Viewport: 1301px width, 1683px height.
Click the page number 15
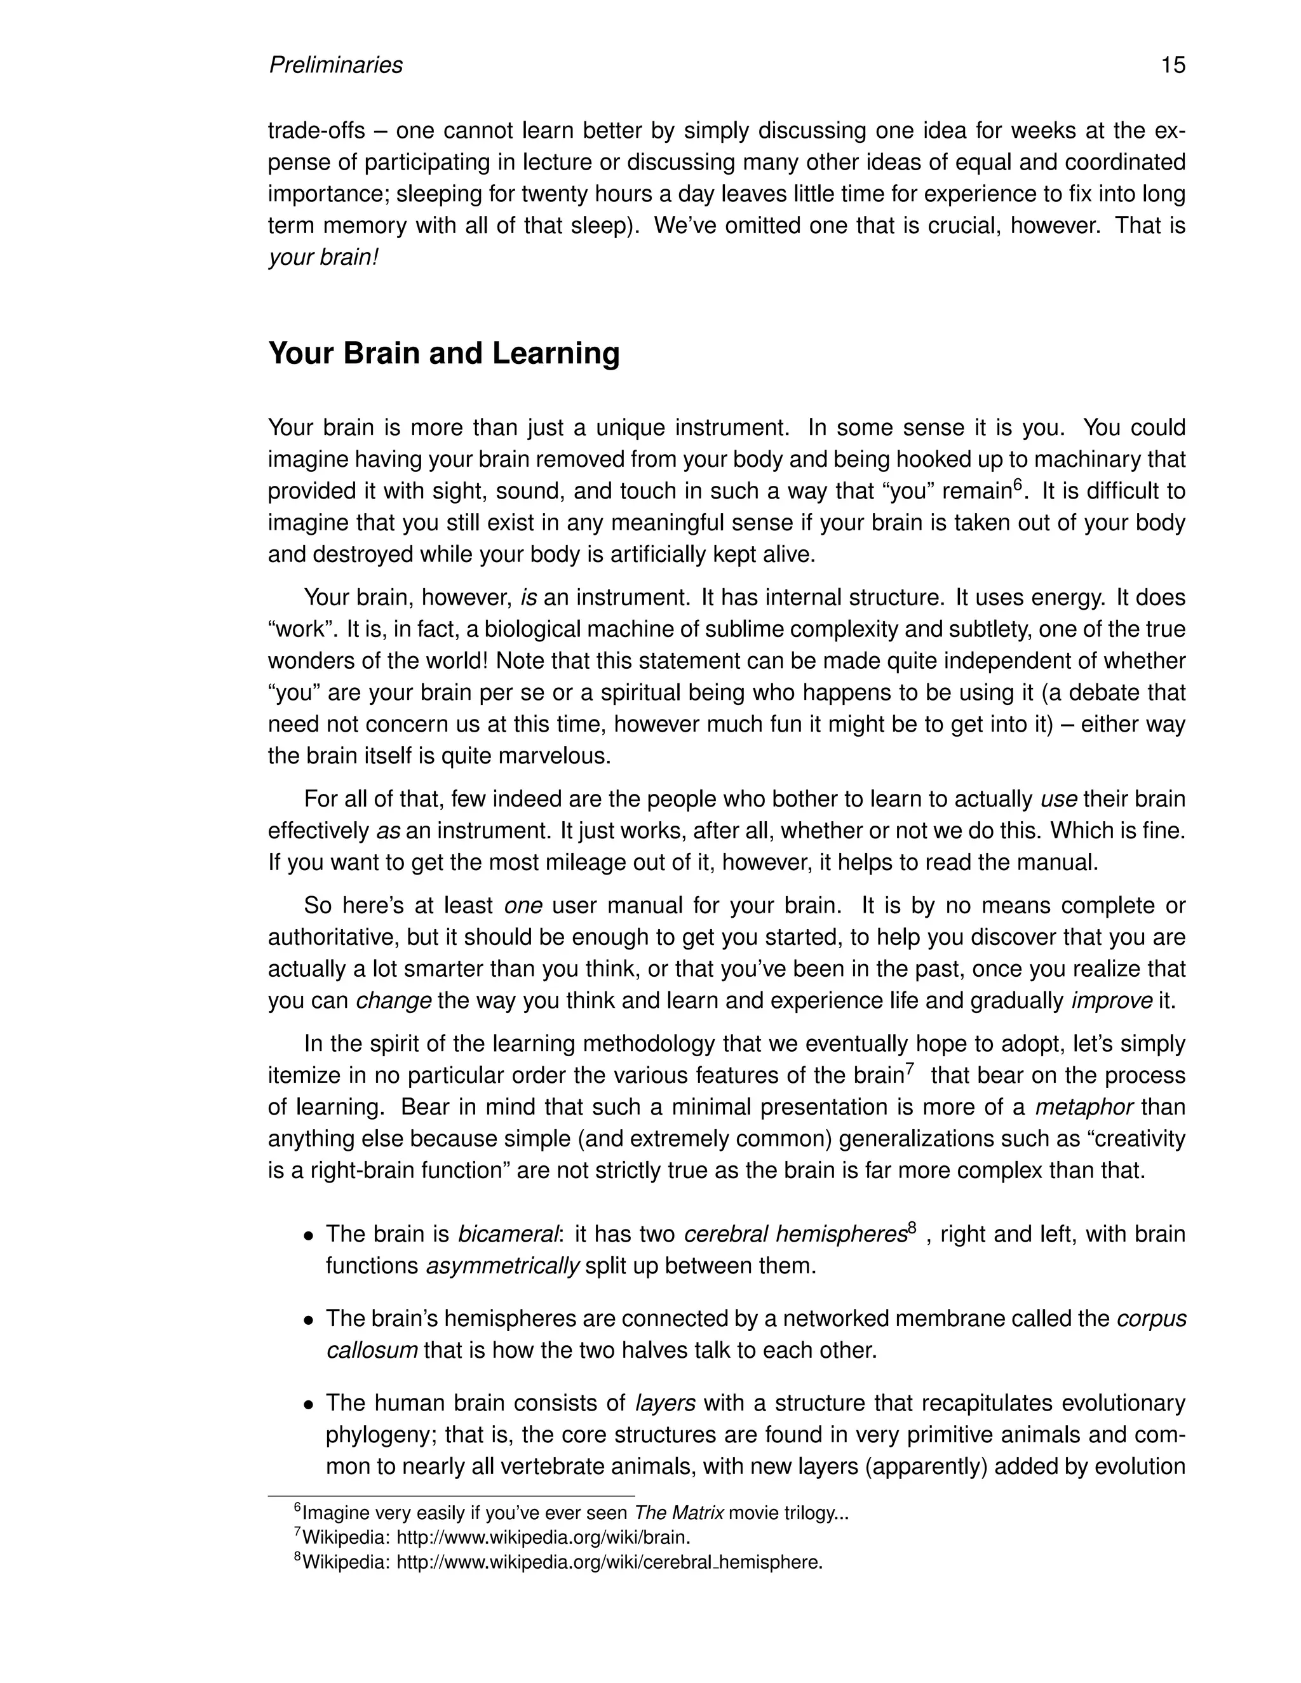point(1172,65)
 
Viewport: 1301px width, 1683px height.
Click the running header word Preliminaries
point(335,65)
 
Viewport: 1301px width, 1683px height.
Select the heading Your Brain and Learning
point(443,354)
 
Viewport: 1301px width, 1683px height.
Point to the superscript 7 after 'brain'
point(910,1068)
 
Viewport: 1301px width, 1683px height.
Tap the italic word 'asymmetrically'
point(502,1266)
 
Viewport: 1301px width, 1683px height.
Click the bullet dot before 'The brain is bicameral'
point(308,1236)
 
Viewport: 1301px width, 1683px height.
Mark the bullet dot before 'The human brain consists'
point(308,1405)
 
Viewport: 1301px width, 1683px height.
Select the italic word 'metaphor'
point(1084,1108)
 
